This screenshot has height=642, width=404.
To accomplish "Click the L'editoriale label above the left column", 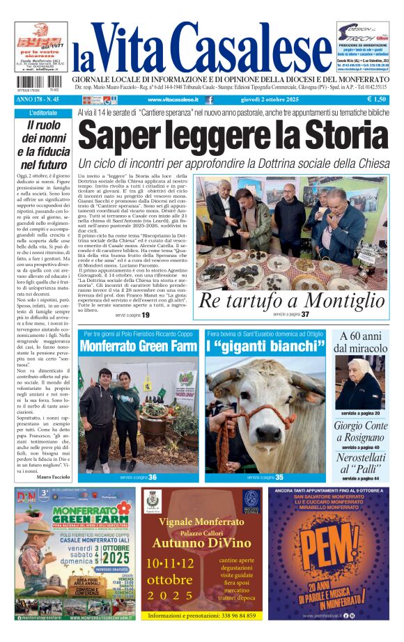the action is [43, 113].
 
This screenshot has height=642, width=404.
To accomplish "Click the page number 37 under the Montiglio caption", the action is [305, 315].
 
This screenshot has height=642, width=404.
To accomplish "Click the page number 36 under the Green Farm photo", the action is [152, 477].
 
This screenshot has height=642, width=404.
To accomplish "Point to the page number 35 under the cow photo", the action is [279, 477].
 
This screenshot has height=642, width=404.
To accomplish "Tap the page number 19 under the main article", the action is [146, 315].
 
